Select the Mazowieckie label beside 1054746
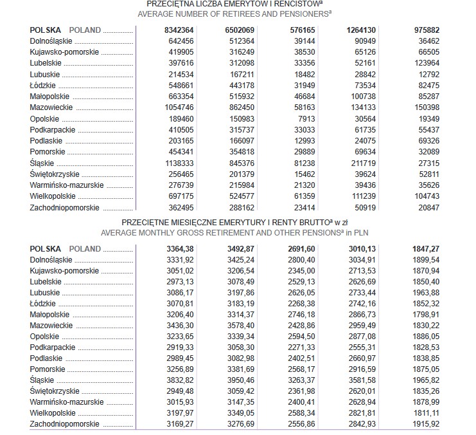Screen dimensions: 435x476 [x=51, y=107]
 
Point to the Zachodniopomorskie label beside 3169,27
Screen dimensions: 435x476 [x=65, y=424]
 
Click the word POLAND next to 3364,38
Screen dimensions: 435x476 [x=85, y=249]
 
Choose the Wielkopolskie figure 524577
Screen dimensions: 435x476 [x=239, y=197]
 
